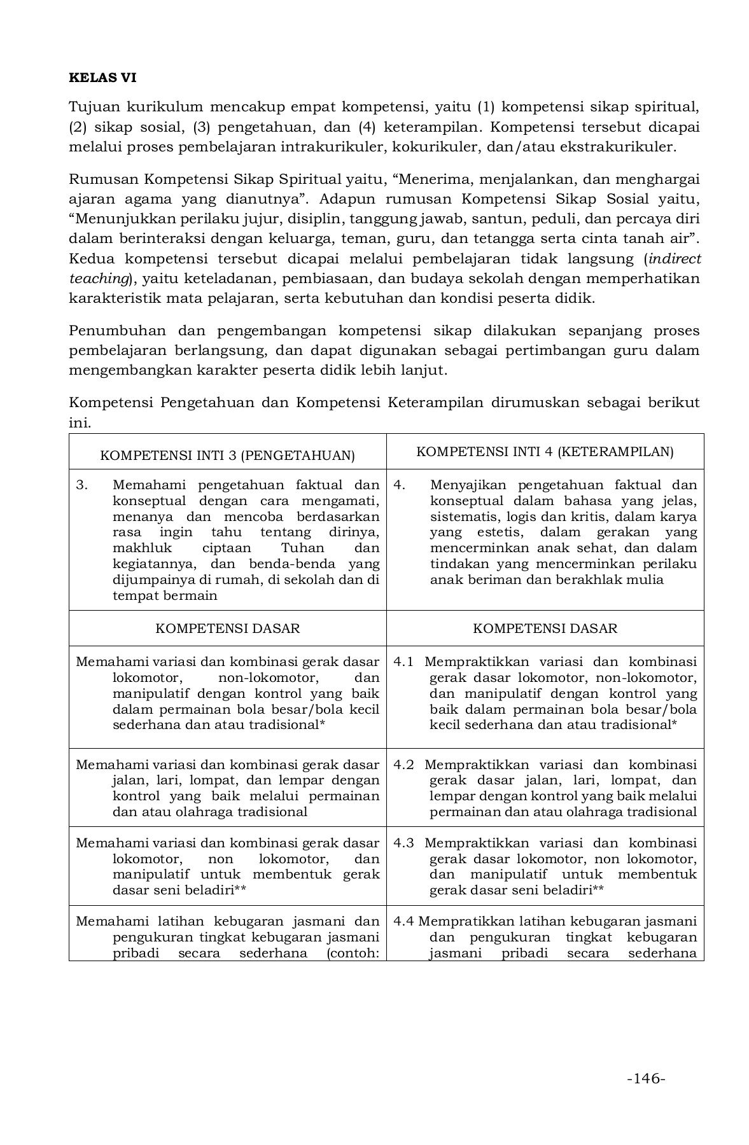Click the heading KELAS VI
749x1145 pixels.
click(x=102, y=78)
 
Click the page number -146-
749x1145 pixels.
click(x=646, y=1078)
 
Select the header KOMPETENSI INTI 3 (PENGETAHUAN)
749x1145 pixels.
click(x=228, y=455)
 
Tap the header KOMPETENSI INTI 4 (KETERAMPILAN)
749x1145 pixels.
click(x=545, y=452)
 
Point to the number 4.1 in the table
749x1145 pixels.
click(x=403, y=662)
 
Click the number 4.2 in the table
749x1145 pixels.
click(x=403, y=765)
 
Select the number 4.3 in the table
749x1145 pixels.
click(x=403, y=843)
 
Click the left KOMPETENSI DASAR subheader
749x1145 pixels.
click(x=228, y=628)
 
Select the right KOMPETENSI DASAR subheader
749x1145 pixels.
click(x=545, y=628)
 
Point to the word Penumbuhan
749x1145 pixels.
click(x=117, y=331)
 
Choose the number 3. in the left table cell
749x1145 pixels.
click(x=81, y=485)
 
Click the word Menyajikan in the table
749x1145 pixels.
click(x=468, y=485)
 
